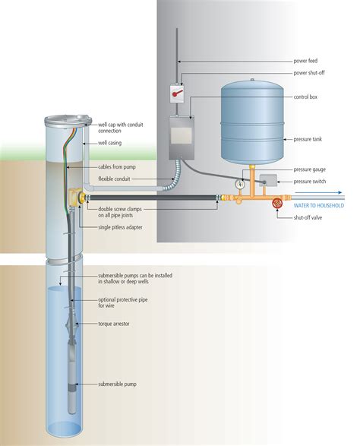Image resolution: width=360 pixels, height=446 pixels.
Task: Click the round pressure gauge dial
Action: coord(240,183)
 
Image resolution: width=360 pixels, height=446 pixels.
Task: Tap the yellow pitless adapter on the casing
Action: coord(76,199)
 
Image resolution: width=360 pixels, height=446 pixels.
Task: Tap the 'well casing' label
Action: coord(114,142)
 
